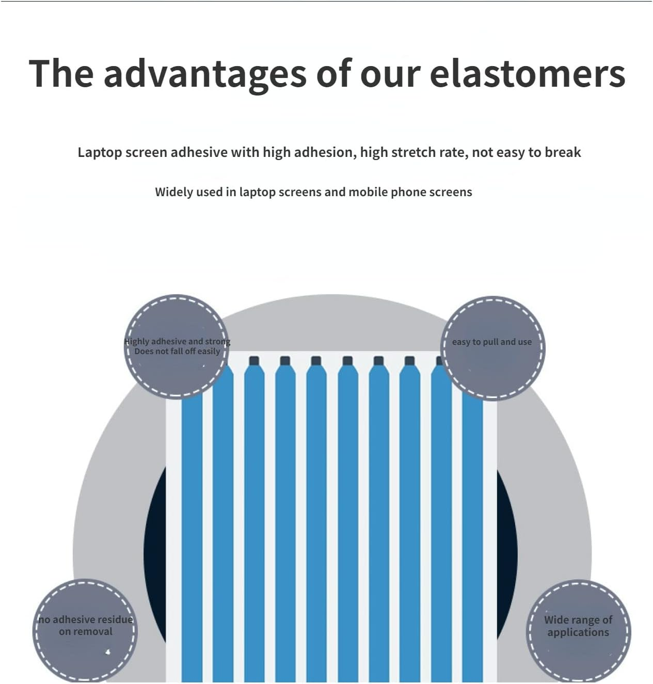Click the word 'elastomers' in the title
click(527, 74)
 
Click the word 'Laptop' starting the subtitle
click(100, 153)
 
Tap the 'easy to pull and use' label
click(491, 342)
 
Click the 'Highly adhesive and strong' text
click(177, 341)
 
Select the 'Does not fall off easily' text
click(177, 351)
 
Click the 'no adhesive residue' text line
click(85, 619)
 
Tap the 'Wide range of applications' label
click(578, 626)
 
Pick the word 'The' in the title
click(61, 74)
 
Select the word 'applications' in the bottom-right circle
click(578, 632)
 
